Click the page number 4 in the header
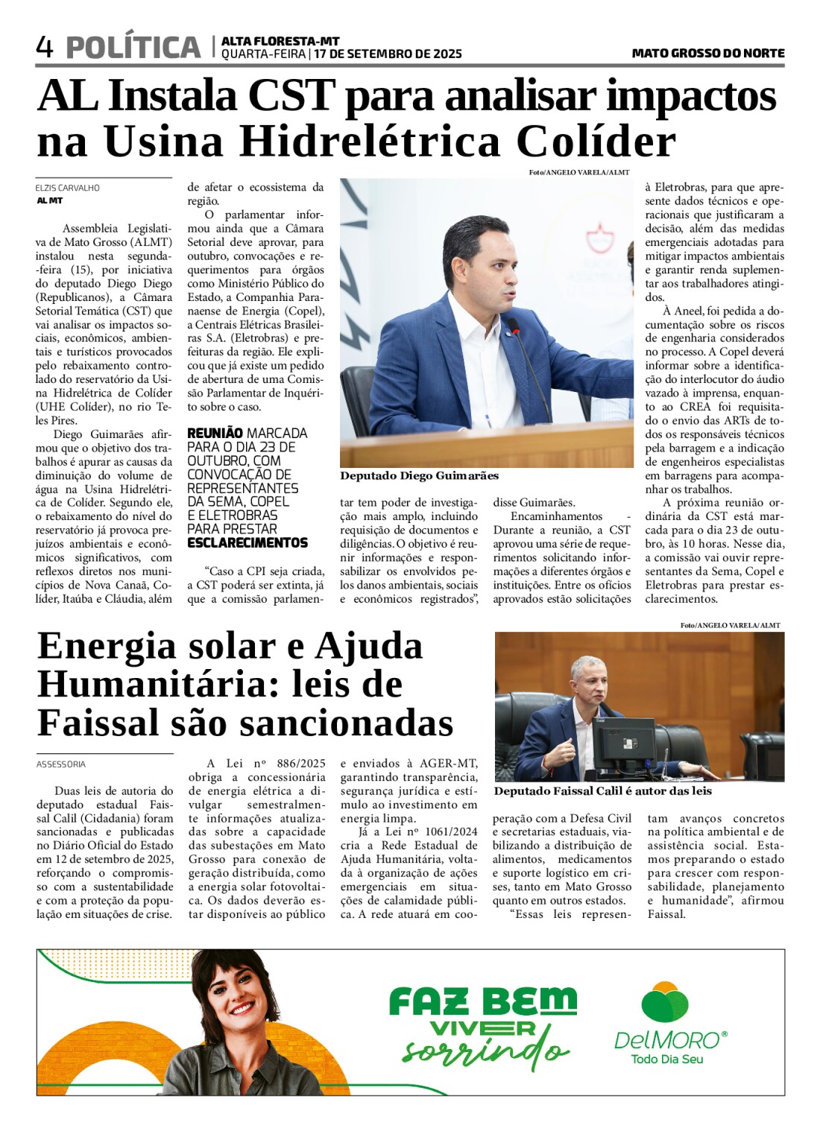click(x=44, y=48)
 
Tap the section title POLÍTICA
click(x=133, y=48)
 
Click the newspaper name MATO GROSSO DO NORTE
click(x=707, y=53)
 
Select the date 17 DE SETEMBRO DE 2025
click(x=388, y=54)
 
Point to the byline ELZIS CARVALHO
click(x=67, y=188)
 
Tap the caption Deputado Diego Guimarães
click(x=419, y=475)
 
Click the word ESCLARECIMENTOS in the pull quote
click(x=247, y=542)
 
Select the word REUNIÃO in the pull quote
click(x=215, y=433)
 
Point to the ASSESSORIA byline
click(x=61, y=764)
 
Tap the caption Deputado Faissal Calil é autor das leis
click(x=602, y=791)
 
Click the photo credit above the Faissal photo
click(x=730, y=625)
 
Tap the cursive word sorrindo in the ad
click(x=485, y=1051)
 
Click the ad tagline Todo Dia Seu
click(x=666, y=1059)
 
